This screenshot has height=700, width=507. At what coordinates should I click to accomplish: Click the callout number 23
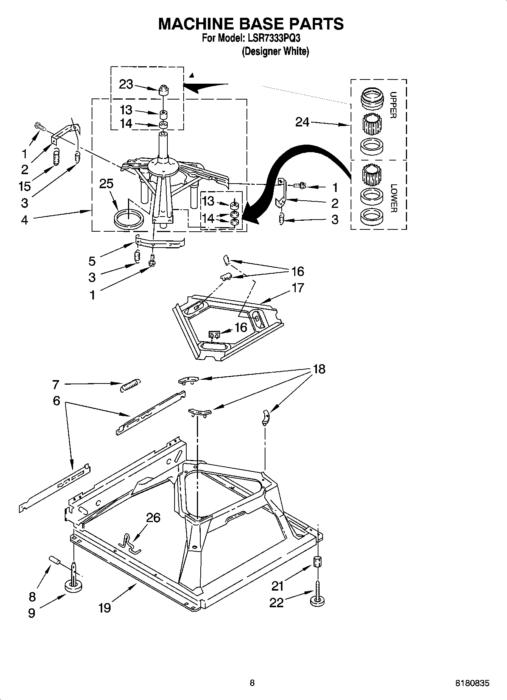[126, 84]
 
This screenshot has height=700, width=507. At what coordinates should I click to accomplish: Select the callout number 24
[302, 122]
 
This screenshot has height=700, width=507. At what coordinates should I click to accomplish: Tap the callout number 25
[106, 184]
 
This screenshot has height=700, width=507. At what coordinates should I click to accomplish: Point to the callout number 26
[153, 517]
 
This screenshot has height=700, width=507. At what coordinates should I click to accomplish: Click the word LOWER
[394, 198]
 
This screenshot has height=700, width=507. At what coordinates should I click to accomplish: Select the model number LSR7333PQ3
[271, 38]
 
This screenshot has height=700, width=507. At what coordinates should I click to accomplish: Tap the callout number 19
[105, 608]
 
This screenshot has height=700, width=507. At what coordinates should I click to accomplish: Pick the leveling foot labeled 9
[74, 586]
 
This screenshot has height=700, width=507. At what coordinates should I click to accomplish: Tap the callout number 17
[298, 288]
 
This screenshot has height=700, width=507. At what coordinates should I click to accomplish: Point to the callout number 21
[278, 586]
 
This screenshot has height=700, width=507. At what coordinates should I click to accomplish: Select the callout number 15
[25, 186]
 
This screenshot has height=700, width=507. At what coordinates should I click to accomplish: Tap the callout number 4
[25, 220]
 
